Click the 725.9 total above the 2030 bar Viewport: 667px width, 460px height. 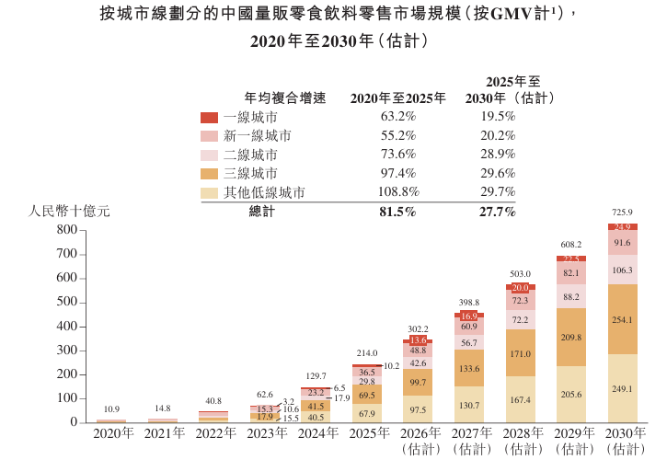(623, 213)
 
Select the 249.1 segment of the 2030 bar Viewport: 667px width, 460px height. (623, 388)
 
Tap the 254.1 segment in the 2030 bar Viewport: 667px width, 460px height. (623, 319)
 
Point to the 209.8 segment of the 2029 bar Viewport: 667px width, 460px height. (571, 337)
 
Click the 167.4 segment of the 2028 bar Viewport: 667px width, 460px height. (520, 399)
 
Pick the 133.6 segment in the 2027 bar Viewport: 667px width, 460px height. (469, 368)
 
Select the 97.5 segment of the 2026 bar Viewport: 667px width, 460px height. (418, 409)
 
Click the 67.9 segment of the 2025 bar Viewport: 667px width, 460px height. (366, 413)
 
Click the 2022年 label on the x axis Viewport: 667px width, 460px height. (213, 433)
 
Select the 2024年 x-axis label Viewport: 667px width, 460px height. (316, 433)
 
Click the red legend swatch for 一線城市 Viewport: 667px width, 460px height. (209, 118)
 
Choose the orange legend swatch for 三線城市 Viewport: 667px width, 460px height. (209, 173)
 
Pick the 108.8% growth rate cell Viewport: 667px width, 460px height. (398, 192)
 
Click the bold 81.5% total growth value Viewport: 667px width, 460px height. (398, 212)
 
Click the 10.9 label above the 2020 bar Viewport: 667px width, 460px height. (110, 408)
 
